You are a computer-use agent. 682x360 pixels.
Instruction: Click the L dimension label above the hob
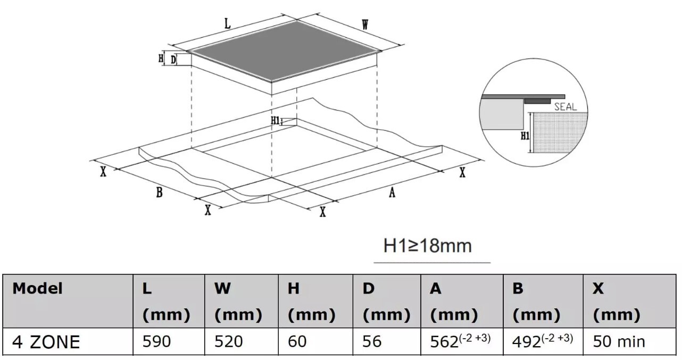coord(228,24)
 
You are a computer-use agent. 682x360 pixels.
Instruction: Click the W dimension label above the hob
coord(365,24)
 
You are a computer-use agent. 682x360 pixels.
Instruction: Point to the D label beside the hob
coord(173,60)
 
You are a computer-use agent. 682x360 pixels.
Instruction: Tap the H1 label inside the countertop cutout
coord(276,121)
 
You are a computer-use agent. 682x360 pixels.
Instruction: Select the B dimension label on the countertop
coord(159,192)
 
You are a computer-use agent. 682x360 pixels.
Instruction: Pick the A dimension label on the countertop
coord(392,192)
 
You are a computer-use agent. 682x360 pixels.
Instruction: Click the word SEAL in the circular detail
coord(565,107)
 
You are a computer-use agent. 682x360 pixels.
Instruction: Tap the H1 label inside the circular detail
coord(525,136)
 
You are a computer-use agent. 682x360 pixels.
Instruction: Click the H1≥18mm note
coord(428,246)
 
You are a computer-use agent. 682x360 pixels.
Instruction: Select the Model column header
coord(37,288)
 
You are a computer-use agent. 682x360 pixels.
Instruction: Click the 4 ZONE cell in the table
coord(46,342)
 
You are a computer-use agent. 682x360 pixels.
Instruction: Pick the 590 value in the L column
coord(156,341)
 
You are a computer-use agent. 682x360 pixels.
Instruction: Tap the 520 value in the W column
coord(229,341)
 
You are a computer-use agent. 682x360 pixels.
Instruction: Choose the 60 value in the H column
coord(297,341)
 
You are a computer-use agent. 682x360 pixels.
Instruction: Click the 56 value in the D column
coord(372,341)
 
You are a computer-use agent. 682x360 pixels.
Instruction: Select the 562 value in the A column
coord(444,342)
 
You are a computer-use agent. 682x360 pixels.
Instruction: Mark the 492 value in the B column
coord(527,342)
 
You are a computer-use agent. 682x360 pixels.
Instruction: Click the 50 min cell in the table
coord(619,341)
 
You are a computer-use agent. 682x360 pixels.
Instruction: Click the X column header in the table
coord(598,289)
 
